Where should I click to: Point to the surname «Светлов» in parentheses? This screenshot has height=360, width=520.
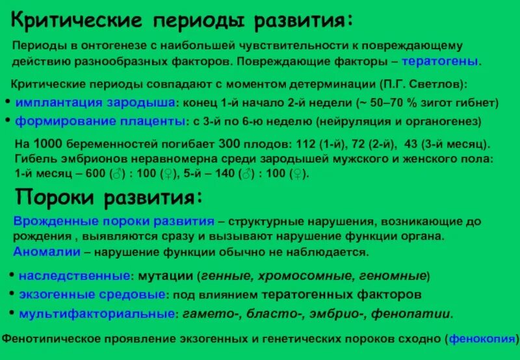tap(437, 84)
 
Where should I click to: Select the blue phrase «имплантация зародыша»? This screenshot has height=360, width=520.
tap(96, 103)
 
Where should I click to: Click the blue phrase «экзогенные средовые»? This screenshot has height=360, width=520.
tap(92, 294)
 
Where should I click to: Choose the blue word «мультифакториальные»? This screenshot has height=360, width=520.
tap(97, 314)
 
